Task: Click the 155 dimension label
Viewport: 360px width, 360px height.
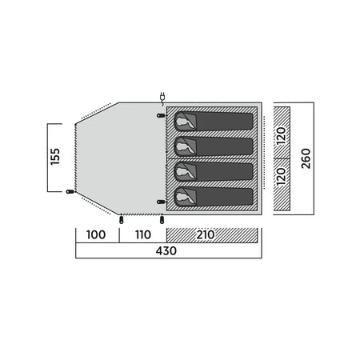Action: tap(55, 157)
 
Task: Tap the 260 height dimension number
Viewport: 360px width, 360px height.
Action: tap(306, 158)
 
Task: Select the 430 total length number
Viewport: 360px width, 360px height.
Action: tap(166, 251)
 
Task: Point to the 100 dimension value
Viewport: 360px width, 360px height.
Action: tap(96, 234)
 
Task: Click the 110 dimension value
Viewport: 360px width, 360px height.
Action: tap(143, 234)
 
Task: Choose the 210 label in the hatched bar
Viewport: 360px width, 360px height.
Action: tap(206, 234)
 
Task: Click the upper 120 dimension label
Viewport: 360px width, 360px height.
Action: tap(281, 136)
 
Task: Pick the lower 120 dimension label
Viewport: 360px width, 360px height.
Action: tap(281, 177)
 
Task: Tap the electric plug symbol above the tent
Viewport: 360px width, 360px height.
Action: tap(162, 97)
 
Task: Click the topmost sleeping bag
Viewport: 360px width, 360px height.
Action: tap(214, 122)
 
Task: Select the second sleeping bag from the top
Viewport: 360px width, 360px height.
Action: tap(214, 146)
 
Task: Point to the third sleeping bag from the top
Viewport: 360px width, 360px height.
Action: tap(214, 171)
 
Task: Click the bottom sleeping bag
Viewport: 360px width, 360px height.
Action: tap(214, 197)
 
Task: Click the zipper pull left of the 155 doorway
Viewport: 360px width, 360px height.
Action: tap(70, 191)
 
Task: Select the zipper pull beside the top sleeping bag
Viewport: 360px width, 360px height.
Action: tap(161, 115)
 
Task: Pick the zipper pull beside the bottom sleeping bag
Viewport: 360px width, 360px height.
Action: tap(161, 202)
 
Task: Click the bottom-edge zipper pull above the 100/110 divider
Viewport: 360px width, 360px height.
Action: tap(122, 220)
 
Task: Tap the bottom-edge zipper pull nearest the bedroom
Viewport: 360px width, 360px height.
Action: tap(162, 220)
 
